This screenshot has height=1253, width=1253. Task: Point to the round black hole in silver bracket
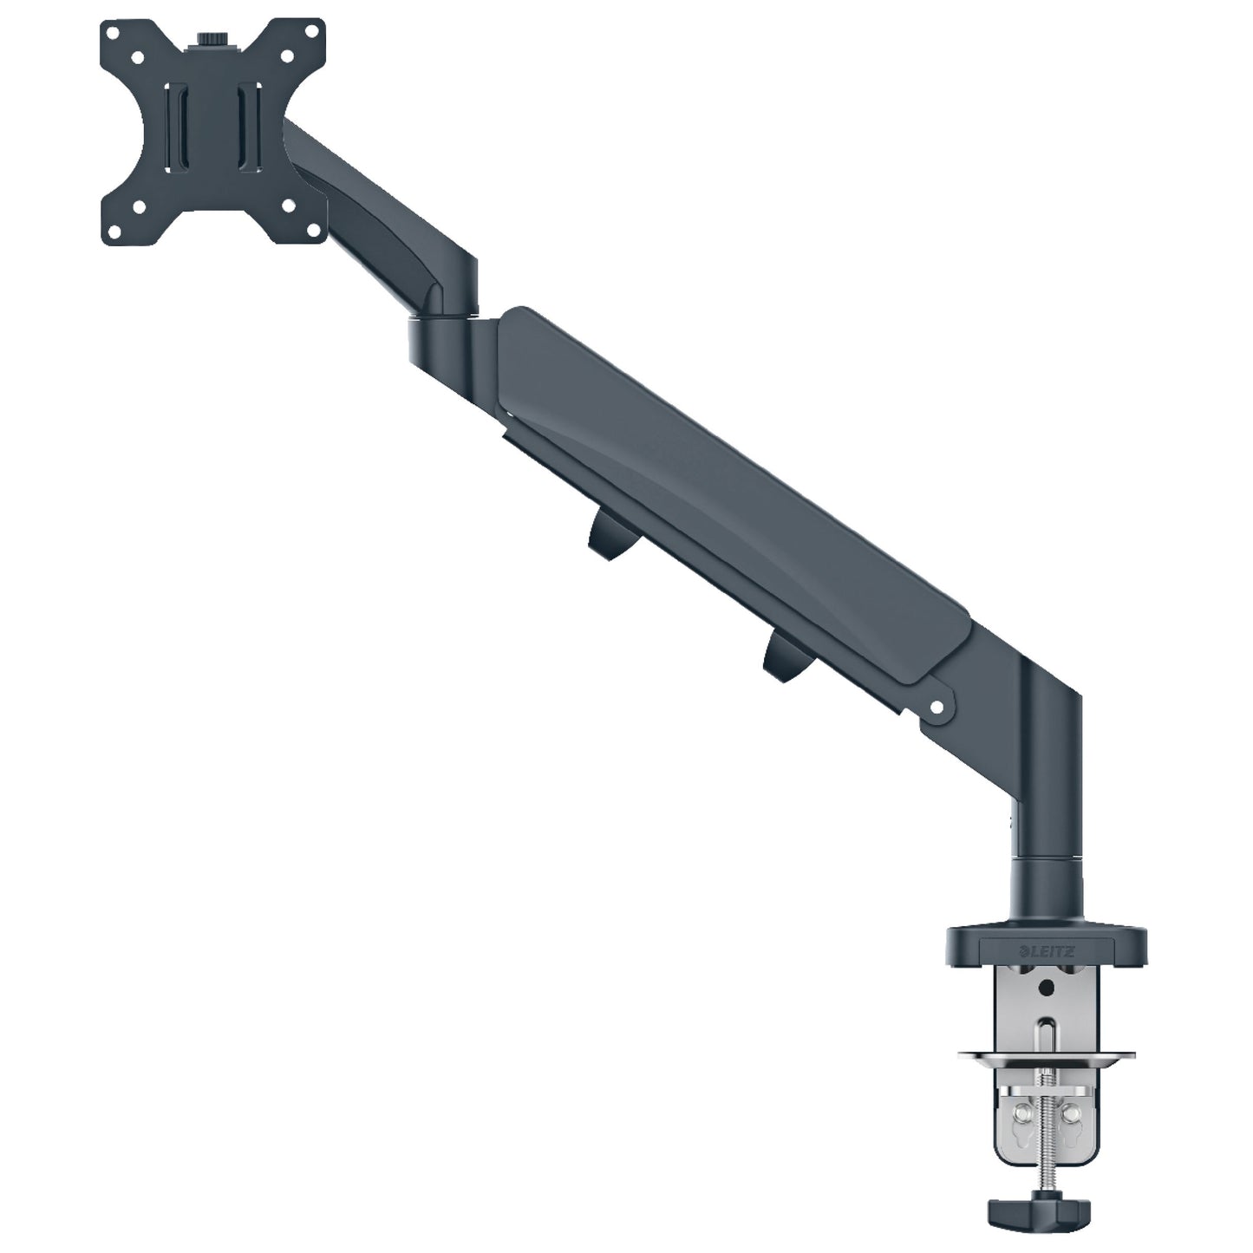click(x=1047, y=988)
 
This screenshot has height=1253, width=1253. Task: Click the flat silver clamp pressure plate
click(x=1047, y=1055)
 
